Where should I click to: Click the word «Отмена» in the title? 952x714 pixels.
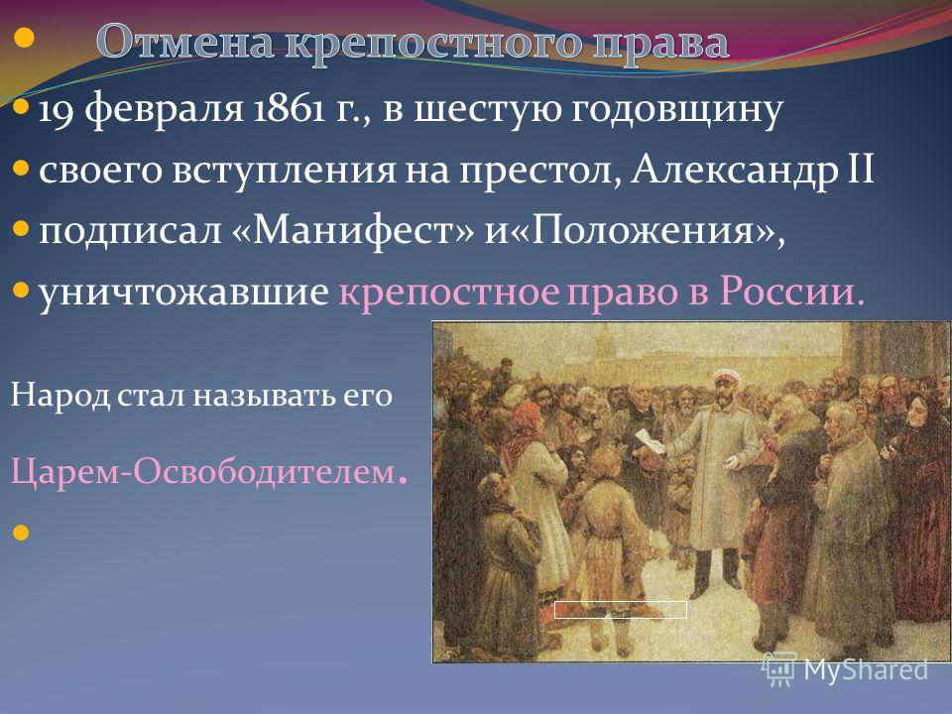coord(186,42)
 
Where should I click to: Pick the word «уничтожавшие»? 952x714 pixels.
coord(183,292)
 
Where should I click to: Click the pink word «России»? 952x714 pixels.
coord(791,292)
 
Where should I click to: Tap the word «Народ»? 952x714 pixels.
coord(59,396)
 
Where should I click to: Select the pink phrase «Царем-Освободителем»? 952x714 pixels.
coord(202,471)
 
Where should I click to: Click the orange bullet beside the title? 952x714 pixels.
coord(24,39)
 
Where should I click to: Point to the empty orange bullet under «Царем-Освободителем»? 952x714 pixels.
coord(20,533)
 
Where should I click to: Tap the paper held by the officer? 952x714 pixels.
coord(649,440)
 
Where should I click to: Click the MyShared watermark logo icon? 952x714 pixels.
coord(779,668)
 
